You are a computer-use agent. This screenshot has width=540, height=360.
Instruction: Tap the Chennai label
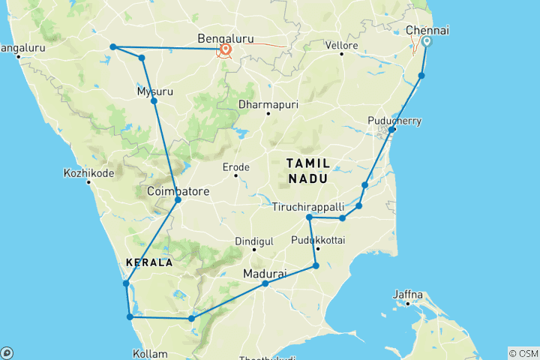(x=427, y=31)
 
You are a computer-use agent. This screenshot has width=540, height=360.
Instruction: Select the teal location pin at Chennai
(x=427, y=42)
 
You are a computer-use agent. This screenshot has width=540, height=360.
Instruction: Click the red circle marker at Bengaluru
(x=225, y=50)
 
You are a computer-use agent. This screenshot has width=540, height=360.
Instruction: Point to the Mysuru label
(x=155, y=91)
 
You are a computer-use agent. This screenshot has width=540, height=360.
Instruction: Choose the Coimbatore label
(x=178, y=191)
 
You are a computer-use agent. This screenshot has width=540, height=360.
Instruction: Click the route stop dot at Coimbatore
(x=178, y=199)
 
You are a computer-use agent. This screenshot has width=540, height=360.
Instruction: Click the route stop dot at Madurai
(x=265, y=283)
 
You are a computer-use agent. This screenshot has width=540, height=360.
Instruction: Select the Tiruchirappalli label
(x=307, y=206)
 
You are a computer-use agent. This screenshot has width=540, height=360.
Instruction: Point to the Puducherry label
(x=395, y=121)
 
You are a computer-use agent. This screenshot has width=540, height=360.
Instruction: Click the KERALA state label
(x=148, y=263)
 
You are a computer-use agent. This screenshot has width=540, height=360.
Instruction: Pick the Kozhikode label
(x=89, y=172)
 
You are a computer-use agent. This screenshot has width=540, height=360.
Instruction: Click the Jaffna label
(x=408, y=294)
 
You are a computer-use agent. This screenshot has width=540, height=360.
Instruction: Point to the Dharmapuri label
(x=268, y=105)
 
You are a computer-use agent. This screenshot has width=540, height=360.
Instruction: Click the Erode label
(x=235, y=166)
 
